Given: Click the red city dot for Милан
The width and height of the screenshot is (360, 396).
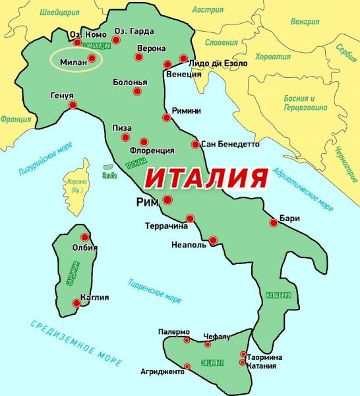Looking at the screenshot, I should tap(92, 58).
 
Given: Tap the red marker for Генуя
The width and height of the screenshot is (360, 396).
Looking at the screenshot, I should tap(73, 105).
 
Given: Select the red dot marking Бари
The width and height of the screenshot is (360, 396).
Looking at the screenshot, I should tap(274, 223).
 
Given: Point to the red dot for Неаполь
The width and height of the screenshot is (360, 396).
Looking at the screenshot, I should tap(213, 240).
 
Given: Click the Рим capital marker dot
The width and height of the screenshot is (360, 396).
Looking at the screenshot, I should tap(167, 200).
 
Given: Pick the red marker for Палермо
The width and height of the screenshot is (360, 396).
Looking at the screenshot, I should tap(187, 341).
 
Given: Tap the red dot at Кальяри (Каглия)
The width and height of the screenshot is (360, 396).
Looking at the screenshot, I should tap(76, 304).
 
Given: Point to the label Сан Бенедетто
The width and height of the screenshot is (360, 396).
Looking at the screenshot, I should tap(230, 144).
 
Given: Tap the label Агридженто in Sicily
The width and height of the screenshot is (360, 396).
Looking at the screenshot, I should tap(162, 372).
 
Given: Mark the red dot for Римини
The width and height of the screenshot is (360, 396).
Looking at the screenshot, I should tap(166, 118).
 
